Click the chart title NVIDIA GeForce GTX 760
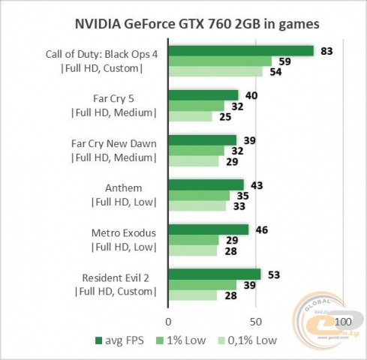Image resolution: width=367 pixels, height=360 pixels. pos(196,23)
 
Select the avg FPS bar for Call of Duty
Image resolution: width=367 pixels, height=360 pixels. pos(240,51)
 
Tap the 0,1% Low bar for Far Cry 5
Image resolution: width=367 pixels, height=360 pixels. pos(190,116)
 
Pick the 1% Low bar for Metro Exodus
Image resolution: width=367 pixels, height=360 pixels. pos(194,240)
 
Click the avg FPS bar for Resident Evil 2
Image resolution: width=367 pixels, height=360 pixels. pos(215,274)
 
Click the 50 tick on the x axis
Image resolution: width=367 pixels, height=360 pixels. pos(256,321)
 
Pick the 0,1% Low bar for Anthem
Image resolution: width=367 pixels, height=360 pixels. pos(197,205)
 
